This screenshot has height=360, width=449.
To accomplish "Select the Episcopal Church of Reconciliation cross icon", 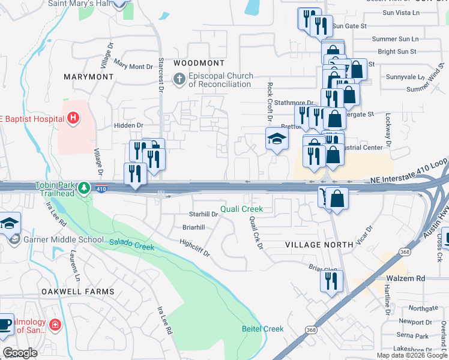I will [179, 79].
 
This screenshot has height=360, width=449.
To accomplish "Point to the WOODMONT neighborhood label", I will [199, 63].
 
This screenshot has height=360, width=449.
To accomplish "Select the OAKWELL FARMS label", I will [77, 292].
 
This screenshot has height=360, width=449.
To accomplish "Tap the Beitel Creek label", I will [263, 329].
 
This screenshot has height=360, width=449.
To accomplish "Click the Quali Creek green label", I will [241, 209].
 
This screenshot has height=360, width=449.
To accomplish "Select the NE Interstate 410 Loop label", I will [409, 179].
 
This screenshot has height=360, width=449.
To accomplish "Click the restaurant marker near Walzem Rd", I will [331, 280].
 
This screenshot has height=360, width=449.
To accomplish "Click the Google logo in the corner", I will [20, 353].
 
